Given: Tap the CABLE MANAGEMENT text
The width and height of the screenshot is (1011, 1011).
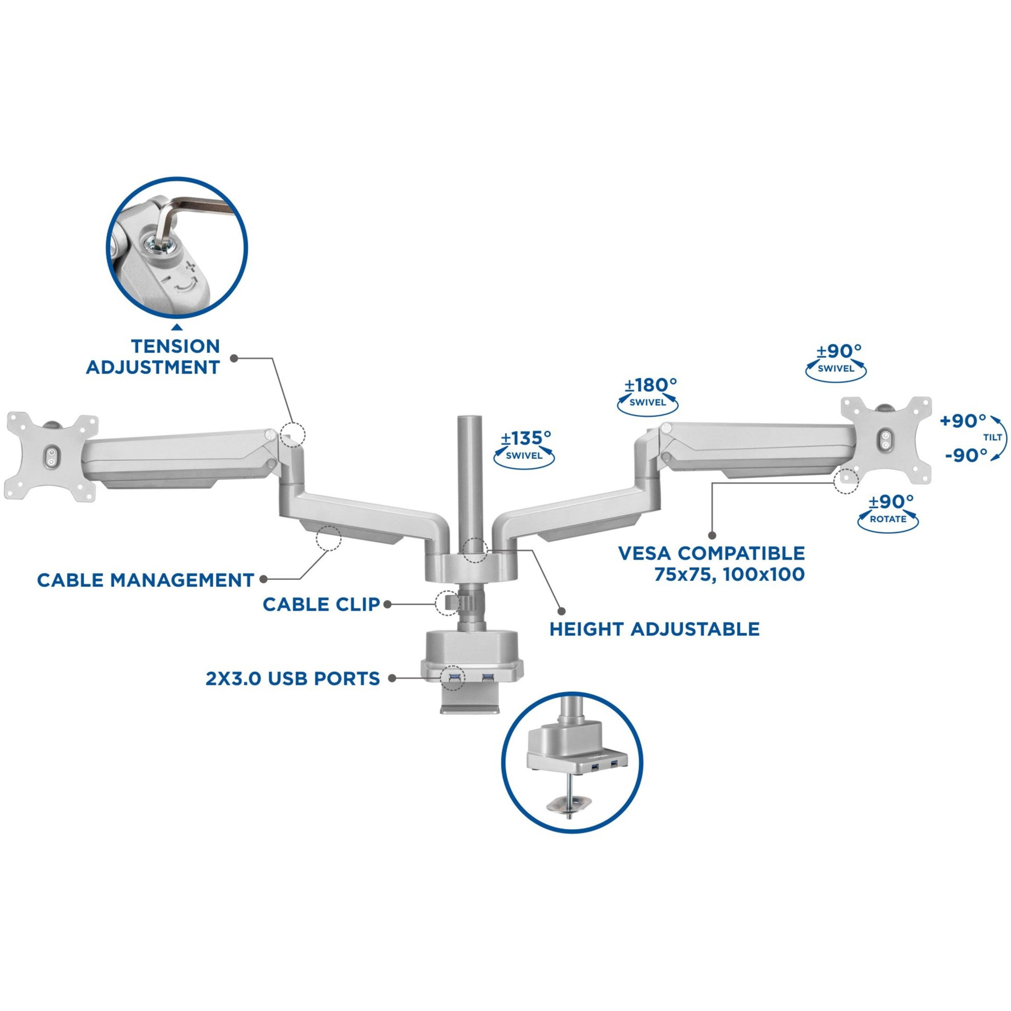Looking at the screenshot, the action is pyautogui.click(x=146, y=580).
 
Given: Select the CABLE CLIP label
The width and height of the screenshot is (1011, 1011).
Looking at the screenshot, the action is pyautogui.click(x=321, y=604).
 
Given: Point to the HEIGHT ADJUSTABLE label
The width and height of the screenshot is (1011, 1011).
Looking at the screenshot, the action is pyautogui.click(x=654, y=629).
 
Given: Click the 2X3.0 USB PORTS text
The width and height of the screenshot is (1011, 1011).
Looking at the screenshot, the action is pyautogui.click(x=293, y=679).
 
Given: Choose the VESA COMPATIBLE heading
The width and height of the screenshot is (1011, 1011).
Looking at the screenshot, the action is pyautogui.click(x=712, y=553).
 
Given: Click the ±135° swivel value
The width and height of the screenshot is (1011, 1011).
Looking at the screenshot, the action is pyautogui.click(x=525, y=437).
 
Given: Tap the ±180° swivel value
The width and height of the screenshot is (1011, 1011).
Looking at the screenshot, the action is pyautogui.click(x=650, y=385).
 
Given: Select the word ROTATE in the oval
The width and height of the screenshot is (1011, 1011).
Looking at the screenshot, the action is pyautogui.click(x=888, y=519).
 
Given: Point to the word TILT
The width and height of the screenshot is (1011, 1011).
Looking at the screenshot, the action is pyautogui.click(x=993, y=437).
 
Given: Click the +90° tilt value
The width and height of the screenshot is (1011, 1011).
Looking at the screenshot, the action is pyautogui.click(x=963, y=421).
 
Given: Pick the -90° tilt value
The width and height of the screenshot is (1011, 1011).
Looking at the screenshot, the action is pyautogui.click(x=966, y=455).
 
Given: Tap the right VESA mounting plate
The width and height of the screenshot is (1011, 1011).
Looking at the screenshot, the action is pyautogui.click(x=886, y=440).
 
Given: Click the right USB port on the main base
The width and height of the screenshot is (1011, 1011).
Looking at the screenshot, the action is pyautogui.click(x=488, y=678).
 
